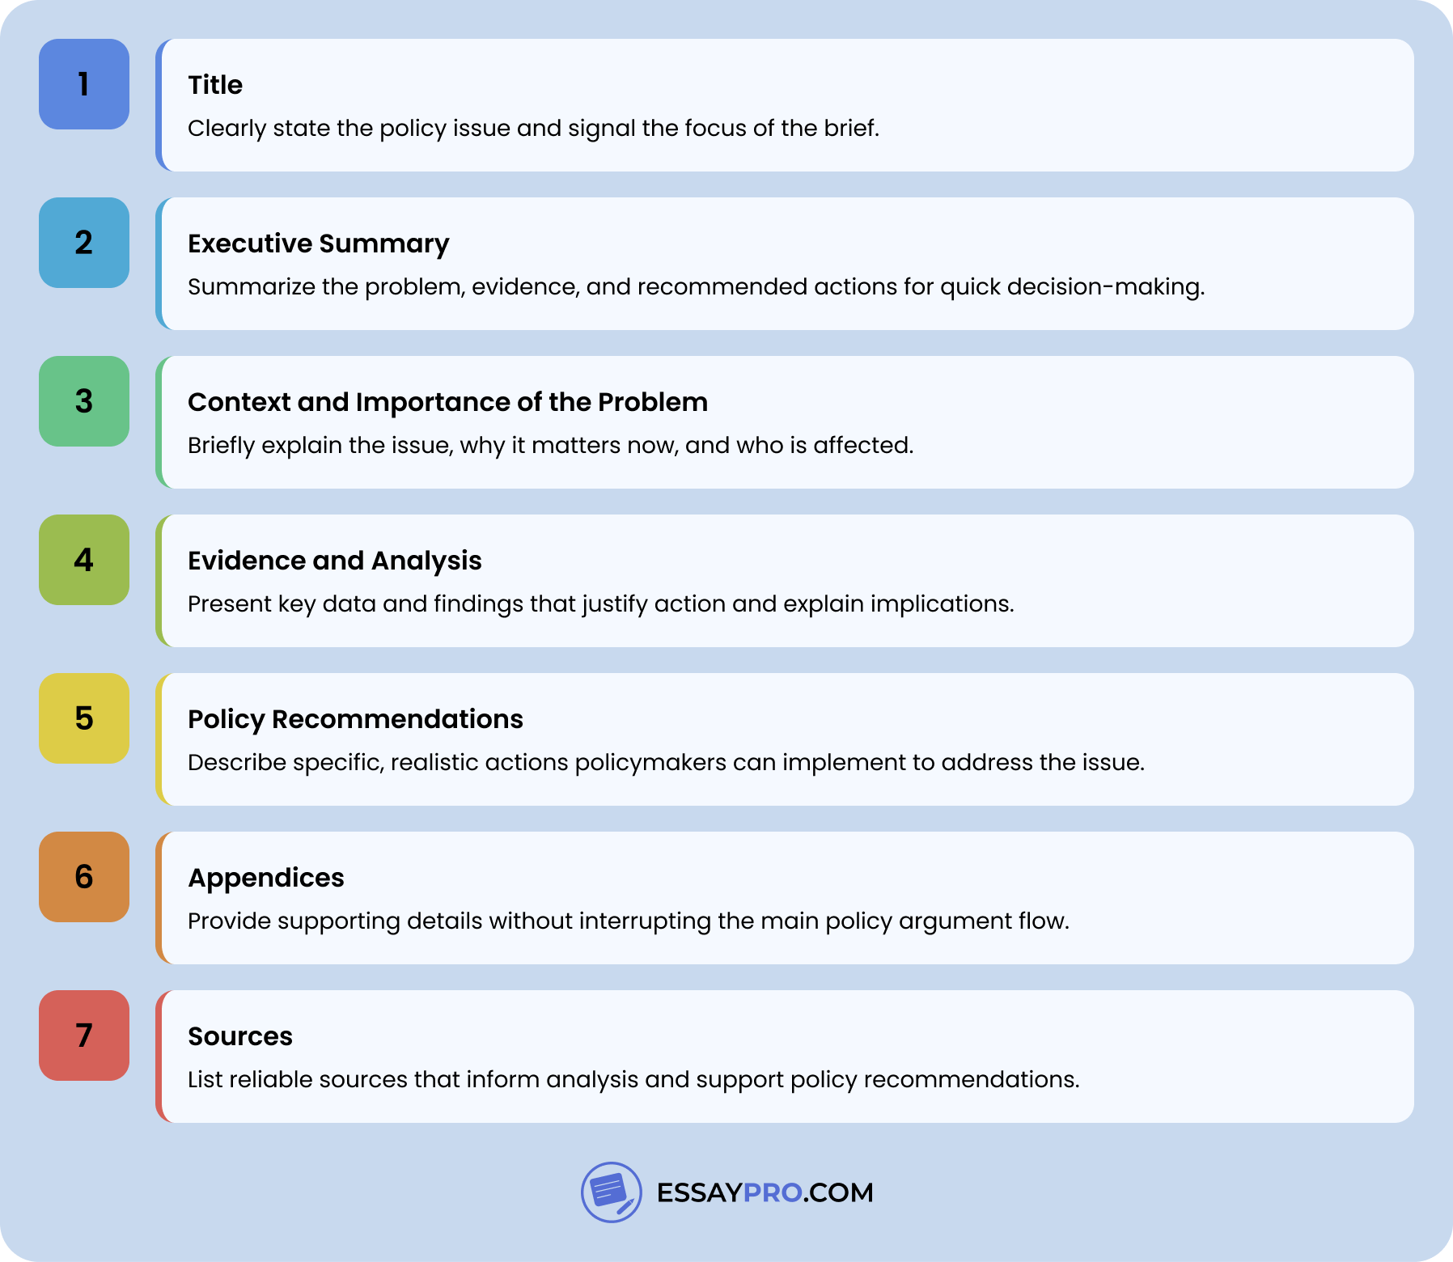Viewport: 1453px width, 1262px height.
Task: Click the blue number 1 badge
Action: click(x=84, y=84)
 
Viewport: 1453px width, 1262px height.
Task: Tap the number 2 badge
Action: click(x=84, y=243)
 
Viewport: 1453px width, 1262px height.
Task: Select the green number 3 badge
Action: click(x=84, y=401)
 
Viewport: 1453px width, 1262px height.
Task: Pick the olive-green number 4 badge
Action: click(x=84, y=560)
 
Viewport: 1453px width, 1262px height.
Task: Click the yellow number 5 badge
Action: click(x=84, y=718)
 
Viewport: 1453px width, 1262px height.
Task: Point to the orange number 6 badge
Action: click(x=84, y=877)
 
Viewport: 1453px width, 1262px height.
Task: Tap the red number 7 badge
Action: click(x=84, y=1035)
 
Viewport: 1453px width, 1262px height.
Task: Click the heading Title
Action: click(x=215, y=85)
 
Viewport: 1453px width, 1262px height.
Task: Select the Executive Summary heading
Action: click(x=318, y=244)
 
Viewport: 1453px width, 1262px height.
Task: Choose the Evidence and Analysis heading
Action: click(x=334, y=561)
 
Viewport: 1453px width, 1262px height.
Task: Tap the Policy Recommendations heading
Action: click(x=355, y=719)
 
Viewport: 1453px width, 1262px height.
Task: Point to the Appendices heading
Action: click(x=266, y=878)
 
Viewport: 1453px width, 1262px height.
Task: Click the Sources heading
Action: click(x=240, y=1036)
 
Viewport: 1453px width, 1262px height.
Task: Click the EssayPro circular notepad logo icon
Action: click(x=612, y=1192)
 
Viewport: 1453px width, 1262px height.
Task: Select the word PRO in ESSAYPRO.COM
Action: click(x=773, y=1192)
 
